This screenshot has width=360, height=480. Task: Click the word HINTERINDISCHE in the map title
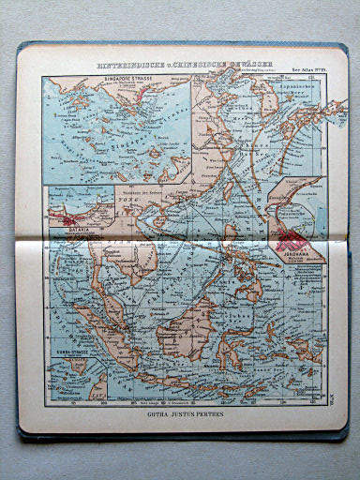[131, 66]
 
